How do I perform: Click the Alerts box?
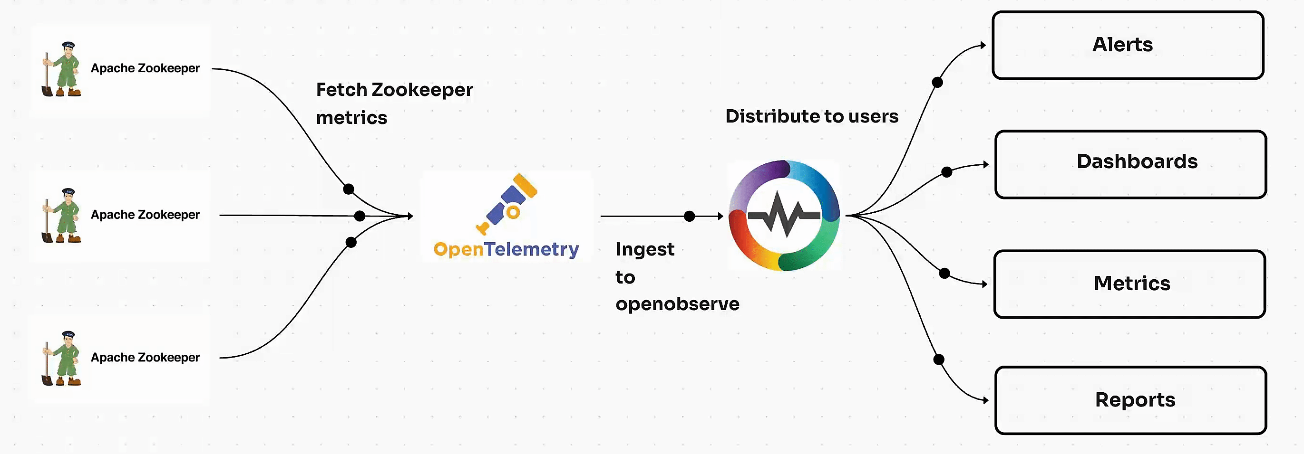[x=1128, y=45]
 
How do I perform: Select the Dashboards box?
[x=1130, y=164]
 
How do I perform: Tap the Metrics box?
[x=1129, y=284]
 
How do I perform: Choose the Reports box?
[x=1130, y=400]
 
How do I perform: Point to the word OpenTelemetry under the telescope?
[x=506, y=249]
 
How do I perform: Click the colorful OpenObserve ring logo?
[x=784, y=216]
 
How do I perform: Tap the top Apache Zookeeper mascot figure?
[x=62, y=69]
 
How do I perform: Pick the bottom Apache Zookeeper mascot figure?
[x=62, y=359]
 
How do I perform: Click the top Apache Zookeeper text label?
[x=145, y=68]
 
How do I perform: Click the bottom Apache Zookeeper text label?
[x=145, y=358]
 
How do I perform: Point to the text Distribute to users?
[x=811, y=116]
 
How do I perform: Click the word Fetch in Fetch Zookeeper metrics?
[x=341, y=90]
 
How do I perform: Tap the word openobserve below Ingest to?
[x=677, y=304]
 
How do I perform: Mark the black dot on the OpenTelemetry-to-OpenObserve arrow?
[x=689, y=217]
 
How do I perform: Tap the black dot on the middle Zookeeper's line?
[x=360, y=217]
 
